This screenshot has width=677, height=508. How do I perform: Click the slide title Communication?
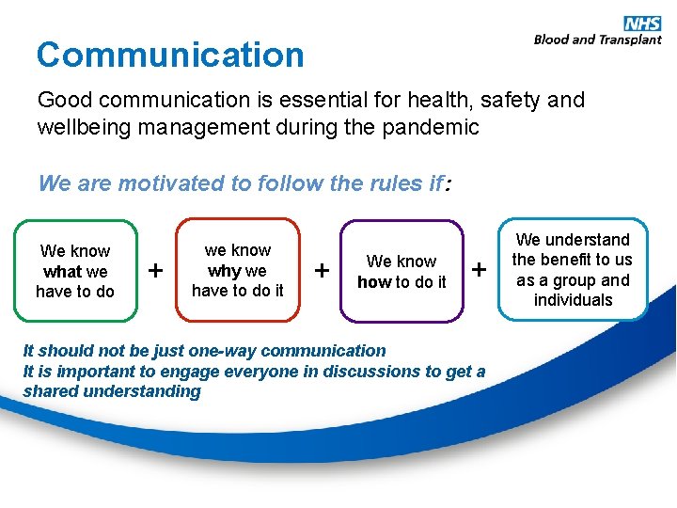pyautogui.click(x=170, y=55)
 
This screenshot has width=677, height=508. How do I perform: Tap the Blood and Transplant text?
pyautogui.click(x=597, y=40)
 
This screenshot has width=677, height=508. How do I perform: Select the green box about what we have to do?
pyautogui.click(x=75, y=271)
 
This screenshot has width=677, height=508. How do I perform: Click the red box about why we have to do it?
pyautogui.click(x=238, y=270)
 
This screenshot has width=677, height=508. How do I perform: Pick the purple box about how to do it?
pyautogui.click(x=401, y=272)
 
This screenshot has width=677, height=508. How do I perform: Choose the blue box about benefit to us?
pyautogui.click(x=572, y=270)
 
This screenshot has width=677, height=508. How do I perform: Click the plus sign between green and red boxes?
pyautogui.click(x=156, y=271)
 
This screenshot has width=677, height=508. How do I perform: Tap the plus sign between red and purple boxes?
pyautogui.click(x=322, y=271)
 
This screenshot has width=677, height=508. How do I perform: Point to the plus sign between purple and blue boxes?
pyautogui.click(x=480, y=271)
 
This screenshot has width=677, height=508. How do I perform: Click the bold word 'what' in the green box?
pyautogui.click(x=63, y=272)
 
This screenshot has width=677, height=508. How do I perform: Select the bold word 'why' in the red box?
pyautogui.click(x=225, y=271)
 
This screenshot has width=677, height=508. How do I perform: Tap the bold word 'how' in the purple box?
pyautogui.click(x=373, y=282)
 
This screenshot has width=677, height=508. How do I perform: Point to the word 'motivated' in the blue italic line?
pyautogui.click(x=145, y=183)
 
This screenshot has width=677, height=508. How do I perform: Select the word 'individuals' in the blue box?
pyautogui.click(x=573, y=300)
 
